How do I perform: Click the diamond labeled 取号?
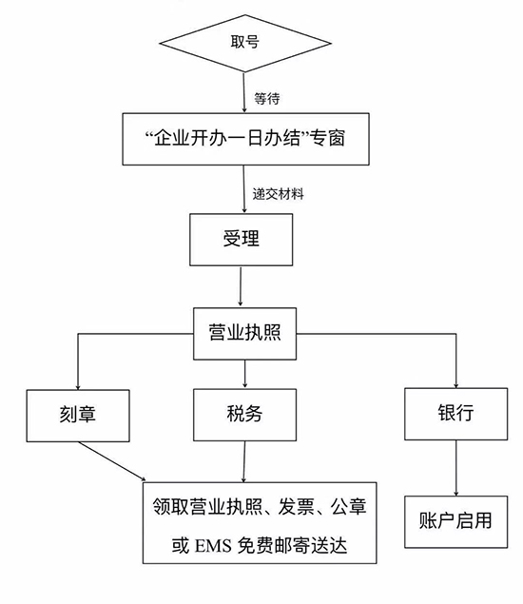(x=245, y=43)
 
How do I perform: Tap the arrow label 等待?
(x=266, y=99)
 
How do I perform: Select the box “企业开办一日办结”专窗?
(x=245, y=139)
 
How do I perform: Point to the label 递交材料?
(x=278, y=194)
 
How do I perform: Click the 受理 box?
(x=242, y=240)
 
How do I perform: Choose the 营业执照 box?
(x=245, y=334)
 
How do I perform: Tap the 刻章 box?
(x=78, y=416)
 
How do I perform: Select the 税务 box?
(x=245, y=415)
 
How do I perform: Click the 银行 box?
(x=456, y=414)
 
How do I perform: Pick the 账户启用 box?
(x=456, y=521)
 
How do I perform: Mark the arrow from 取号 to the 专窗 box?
(x=244, y=92)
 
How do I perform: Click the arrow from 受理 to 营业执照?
(x=241, y=286)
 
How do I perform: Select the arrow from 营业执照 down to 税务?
(x=245, y=374)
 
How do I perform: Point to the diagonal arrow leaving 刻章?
(x=112, y=461)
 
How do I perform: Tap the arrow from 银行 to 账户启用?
(x=456, y=468)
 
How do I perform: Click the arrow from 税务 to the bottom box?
(x=244, y=461)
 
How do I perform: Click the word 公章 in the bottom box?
(x=348, y=507)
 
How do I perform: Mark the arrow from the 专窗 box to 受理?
(x=243, y=189)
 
